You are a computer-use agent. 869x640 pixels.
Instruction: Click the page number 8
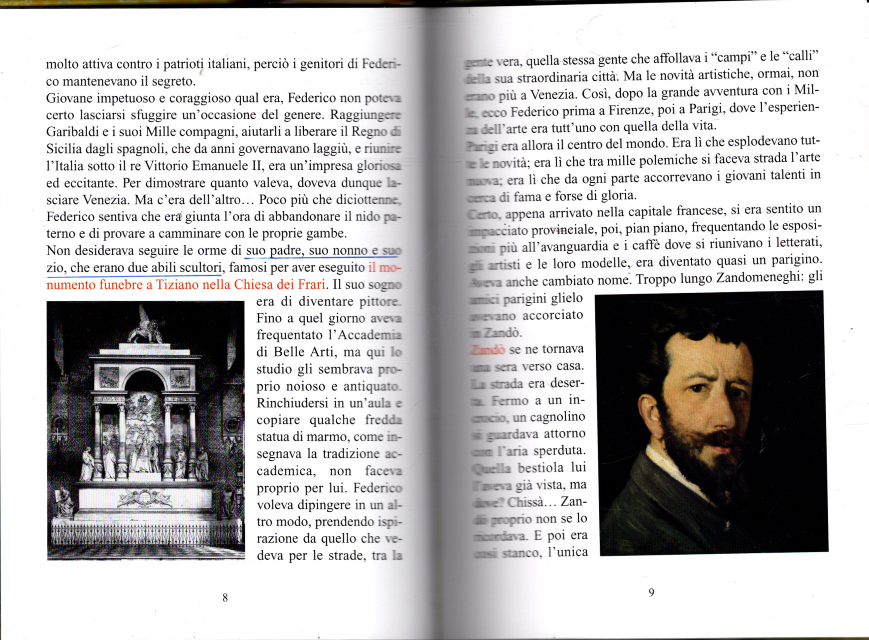click(225, 598)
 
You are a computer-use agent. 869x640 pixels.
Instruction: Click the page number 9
click(652, 592)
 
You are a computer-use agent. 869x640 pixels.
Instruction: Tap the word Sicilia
click(63, 149)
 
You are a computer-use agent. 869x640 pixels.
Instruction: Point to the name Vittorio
click(169, 166)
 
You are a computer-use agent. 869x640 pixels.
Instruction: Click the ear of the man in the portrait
click(648, 413)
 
